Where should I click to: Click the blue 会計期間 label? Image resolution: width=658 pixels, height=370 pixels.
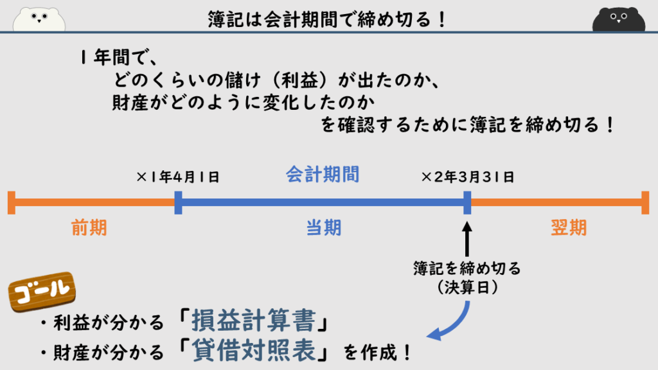coord(323,175)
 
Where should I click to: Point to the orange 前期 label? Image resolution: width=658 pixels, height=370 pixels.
coord(89,227)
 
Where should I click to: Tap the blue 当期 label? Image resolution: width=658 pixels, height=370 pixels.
coord(323,227)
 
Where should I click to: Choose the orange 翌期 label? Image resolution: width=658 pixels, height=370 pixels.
coord(569,227)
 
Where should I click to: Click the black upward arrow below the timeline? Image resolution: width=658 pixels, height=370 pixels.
coord(467,237)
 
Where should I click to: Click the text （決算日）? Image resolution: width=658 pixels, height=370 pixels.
coord(467,286)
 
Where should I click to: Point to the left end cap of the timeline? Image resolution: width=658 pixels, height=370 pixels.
coord(11,202)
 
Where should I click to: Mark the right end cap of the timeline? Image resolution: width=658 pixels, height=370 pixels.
coord(645,202)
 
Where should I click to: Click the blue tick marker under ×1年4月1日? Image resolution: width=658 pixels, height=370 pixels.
coord(179,202)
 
